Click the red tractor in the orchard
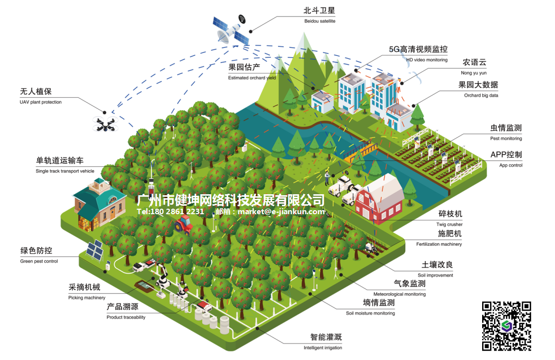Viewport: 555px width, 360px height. tap(184, 224)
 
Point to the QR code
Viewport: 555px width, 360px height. tap(506, 326)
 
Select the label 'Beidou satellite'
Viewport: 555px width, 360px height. tap(319, 21)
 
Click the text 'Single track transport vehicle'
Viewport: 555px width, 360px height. tap(65, 171)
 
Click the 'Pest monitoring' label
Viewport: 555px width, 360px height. tap(506, 138)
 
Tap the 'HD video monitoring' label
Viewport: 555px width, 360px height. tap(426, 60)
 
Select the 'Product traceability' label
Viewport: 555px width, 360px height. tap(126, 317)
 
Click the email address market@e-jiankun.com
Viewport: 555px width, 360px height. tap(281, 212)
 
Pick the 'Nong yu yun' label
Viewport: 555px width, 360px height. tap(474, 72)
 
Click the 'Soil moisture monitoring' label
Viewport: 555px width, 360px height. tap(370, 313)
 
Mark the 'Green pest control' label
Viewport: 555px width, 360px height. tap(39, 261)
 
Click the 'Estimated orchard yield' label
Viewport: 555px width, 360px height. tap(252, 78)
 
